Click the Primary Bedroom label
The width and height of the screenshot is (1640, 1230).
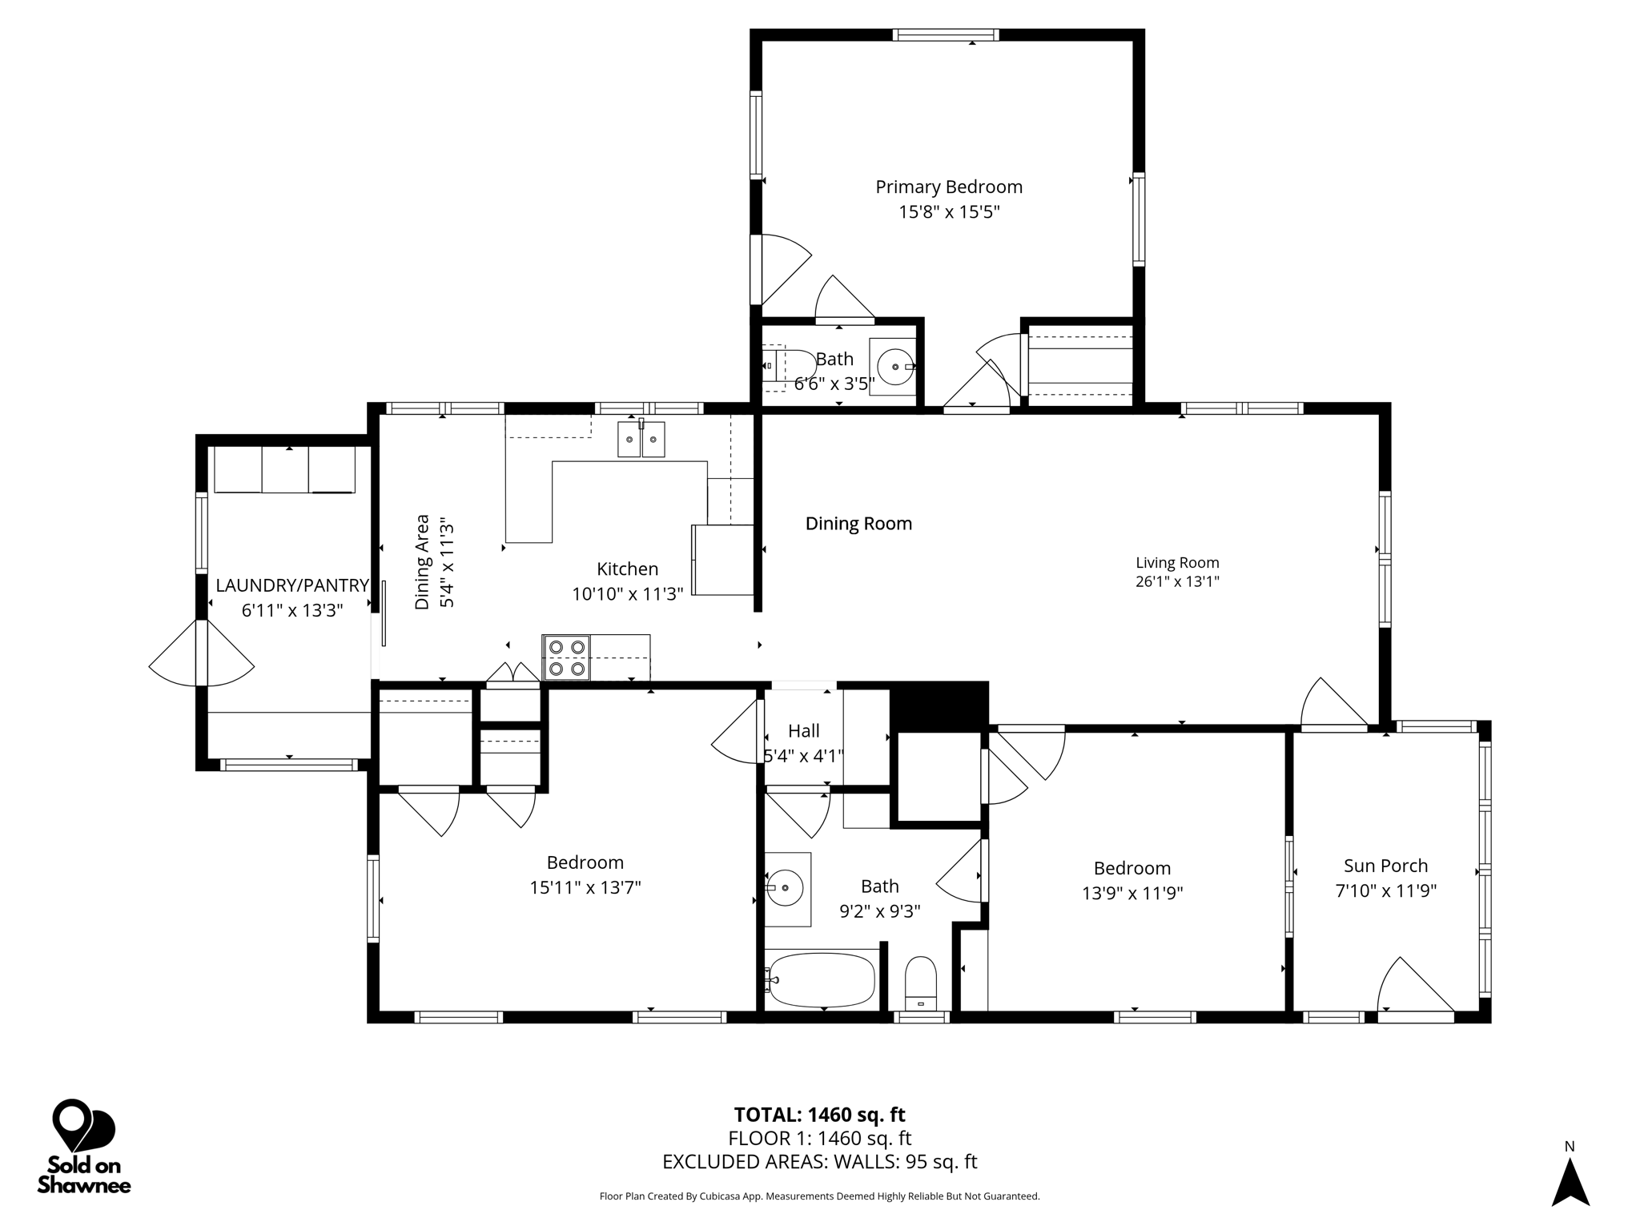(x=949, y=187)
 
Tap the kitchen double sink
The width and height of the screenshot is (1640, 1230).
(x=641, y=439)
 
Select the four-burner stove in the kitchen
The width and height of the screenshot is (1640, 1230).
(x=566, y=657)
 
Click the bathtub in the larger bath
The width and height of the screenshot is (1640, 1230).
(x=820, y=979)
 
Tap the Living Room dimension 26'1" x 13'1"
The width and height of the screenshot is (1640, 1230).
(x=1177, y=582)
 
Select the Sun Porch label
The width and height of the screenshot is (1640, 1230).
(x=1385, y=866)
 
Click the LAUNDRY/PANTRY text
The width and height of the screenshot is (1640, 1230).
(x=292, y=585)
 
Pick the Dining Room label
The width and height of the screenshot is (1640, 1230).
(x=858, y=524)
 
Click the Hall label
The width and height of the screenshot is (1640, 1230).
(x=803, y=731)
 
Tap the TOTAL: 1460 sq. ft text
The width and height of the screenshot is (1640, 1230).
(x=819, y=1115)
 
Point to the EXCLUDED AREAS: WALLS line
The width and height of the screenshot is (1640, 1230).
(x=819, y=1162)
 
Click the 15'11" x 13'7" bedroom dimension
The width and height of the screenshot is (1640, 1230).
(x=585, y=887)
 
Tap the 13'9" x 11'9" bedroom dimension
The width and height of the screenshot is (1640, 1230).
(x=1132, y=893)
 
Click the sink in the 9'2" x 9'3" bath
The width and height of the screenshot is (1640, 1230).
(x=787, y=889)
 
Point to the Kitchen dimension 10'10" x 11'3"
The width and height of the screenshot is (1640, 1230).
(x=628, y=594)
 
